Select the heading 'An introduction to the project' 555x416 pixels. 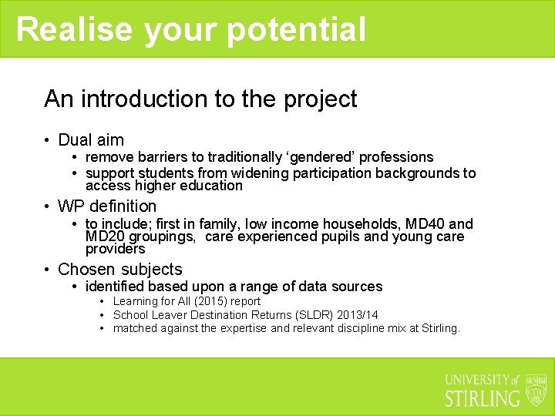200,99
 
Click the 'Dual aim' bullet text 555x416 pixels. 91,139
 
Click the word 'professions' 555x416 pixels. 391,157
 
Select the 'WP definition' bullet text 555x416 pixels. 107,206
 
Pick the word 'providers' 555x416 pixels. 115,249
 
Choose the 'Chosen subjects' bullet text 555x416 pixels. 120,269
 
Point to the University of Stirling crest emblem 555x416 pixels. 535,390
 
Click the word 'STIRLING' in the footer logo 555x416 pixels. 483,398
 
